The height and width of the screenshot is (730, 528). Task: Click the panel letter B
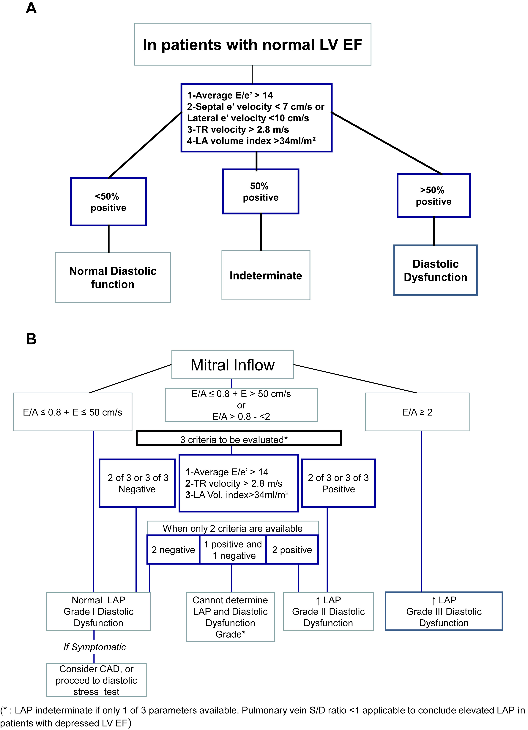point(31,339)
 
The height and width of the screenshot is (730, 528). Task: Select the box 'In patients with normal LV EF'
point(253,44)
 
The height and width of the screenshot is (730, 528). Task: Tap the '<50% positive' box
point(109,202)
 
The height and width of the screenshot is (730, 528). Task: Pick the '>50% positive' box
point(434,196)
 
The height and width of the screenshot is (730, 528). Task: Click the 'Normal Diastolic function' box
point(113,277)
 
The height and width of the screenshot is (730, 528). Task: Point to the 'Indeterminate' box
point(266,276)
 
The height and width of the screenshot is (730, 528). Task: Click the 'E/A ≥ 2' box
point(417,412)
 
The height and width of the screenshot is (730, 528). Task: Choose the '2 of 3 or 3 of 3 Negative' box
point(137,483)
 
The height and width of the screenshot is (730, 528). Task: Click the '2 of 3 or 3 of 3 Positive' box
point(338,483)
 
